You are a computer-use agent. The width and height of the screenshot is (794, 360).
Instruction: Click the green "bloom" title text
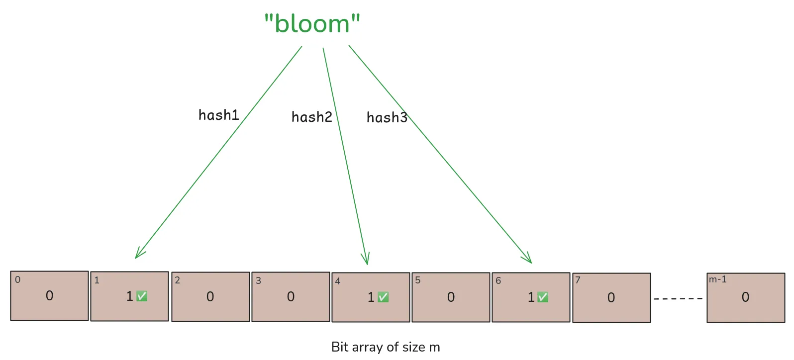coord(312,24)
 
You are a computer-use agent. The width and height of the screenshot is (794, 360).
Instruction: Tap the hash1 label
coord(218,115)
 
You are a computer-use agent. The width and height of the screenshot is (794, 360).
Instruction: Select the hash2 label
coord(311,117)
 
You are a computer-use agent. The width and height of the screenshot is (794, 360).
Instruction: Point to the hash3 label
coord(387,117)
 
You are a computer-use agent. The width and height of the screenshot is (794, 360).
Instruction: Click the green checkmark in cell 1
coord(142,296)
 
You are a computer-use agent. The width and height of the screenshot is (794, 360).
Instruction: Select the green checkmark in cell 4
coord(383,297)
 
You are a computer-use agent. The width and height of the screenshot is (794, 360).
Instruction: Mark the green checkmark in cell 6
coord(543,297)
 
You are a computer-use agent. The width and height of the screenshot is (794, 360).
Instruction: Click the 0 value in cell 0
coord(49,296)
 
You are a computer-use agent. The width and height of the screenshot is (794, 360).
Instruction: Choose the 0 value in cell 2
coord(210,297)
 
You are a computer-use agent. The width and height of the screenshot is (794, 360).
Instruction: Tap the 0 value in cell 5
coord(451,297)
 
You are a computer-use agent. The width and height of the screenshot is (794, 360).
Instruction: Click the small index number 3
coord(258,280)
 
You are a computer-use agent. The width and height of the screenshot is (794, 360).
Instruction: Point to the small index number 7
coord(578,280)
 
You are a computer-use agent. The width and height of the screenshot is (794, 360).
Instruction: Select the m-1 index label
coord(717,279)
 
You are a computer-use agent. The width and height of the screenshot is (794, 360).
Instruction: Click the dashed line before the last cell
coord(678,298)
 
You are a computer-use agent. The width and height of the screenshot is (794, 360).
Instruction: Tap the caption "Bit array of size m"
coord(386,347)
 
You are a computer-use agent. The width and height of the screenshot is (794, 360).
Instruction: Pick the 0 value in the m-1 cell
coord(745,297)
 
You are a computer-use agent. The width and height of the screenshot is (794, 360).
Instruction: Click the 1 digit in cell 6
coord(531,297)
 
